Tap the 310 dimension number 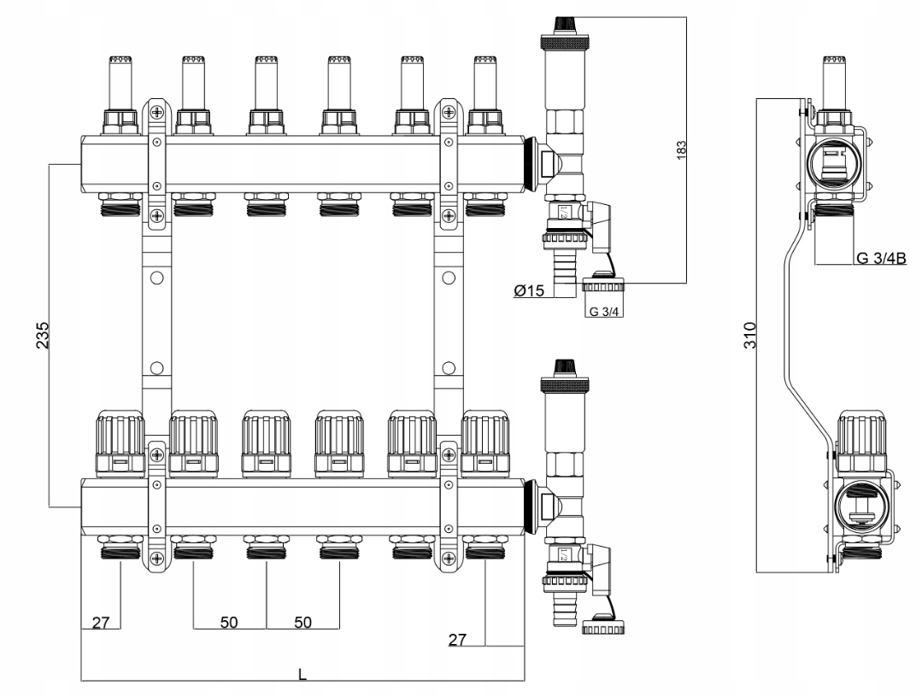click(x=749, y=332)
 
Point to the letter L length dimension click(x=302, y=674)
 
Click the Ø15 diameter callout click(x=530, y=291)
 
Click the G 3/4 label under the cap click(x=604, y=311)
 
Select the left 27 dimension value click(x=101, y=622)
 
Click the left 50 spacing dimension click(x=229, y=622)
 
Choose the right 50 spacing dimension click(x=302, y=622)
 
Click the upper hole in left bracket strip click(x=156, y=278)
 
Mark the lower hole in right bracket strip click(x=448, y=368)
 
